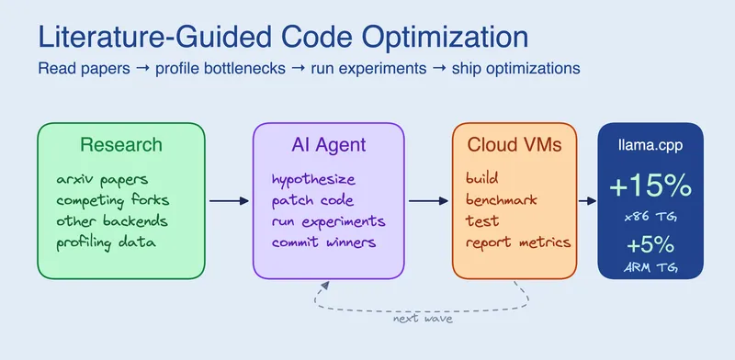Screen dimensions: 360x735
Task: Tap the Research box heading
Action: point(120,145)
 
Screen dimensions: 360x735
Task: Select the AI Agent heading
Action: point(327,145)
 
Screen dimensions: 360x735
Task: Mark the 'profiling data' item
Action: point(106,242)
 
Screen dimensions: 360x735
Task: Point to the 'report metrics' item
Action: point(518,242)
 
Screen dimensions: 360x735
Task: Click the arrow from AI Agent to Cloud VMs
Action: point(427,200)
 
